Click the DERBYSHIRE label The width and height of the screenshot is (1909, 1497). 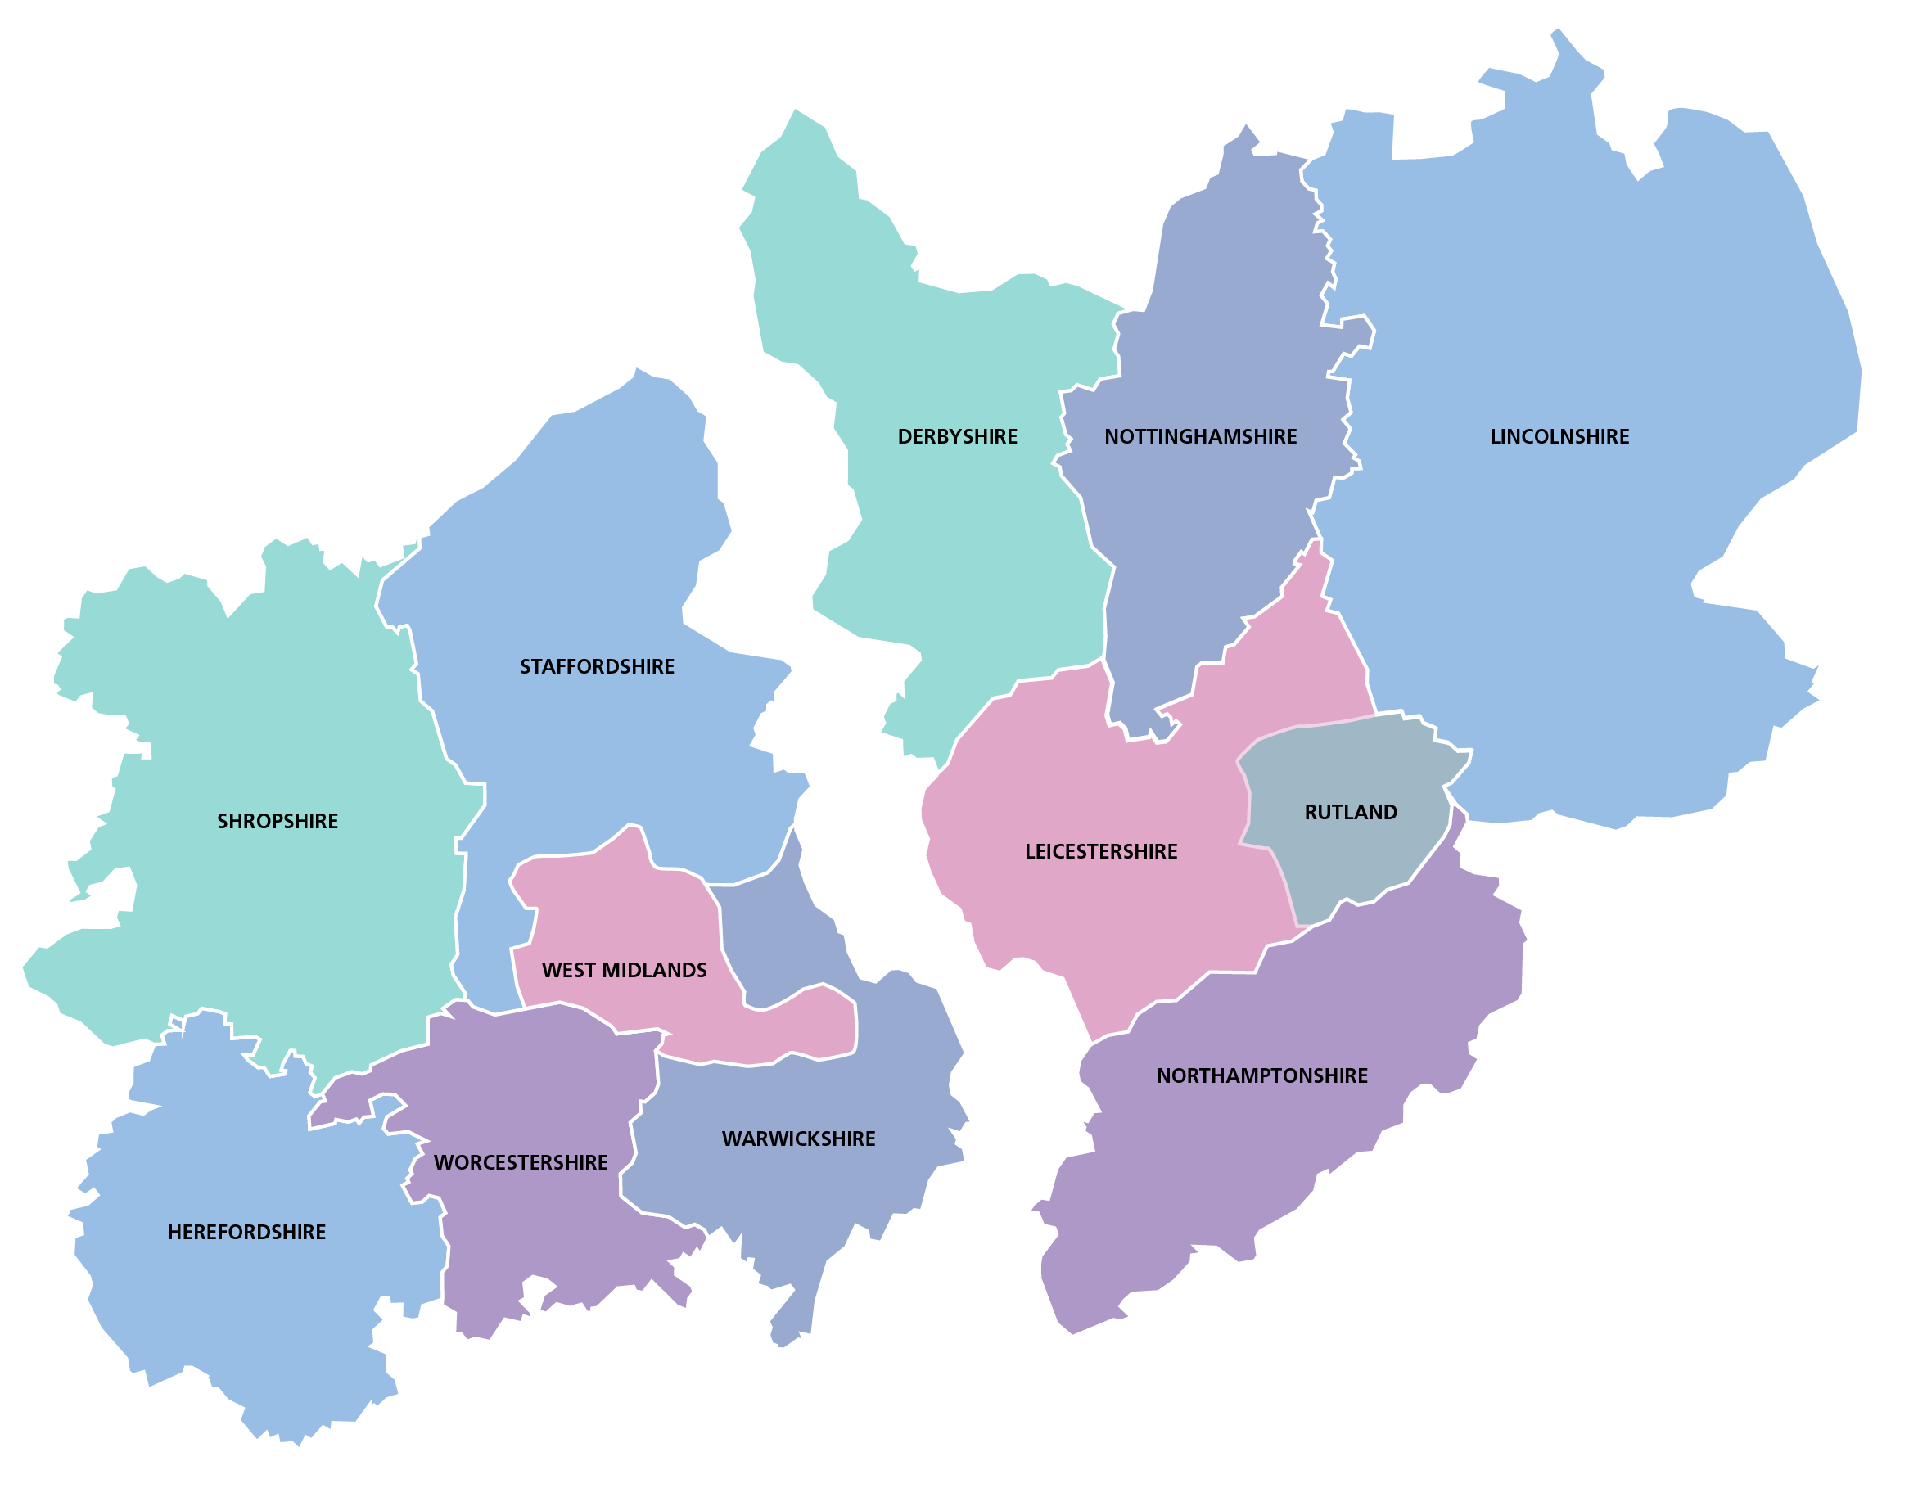tap(957, 436)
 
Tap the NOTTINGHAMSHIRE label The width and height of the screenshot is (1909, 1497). tap(1200, 436)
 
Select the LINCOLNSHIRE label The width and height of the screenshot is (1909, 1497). tap(1559, 436)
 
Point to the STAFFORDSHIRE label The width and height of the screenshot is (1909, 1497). tap(597, 667)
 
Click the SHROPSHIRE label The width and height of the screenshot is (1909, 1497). tap(277, 821)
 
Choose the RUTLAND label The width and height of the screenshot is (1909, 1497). tap(1351, 813)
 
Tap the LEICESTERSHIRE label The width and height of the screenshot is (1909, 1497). tap(1101, 852)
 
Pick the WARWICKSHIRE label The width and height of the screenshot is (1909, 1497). tap(798, 1139)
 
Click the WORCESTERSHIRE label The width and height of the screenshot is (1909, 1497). tap(521, 1163)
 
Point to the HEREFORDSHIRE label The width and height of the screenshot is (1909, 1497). tap(246, 1233)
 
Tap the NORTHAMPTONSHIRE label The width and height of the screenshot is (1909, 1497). tap(1261, 1076)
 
